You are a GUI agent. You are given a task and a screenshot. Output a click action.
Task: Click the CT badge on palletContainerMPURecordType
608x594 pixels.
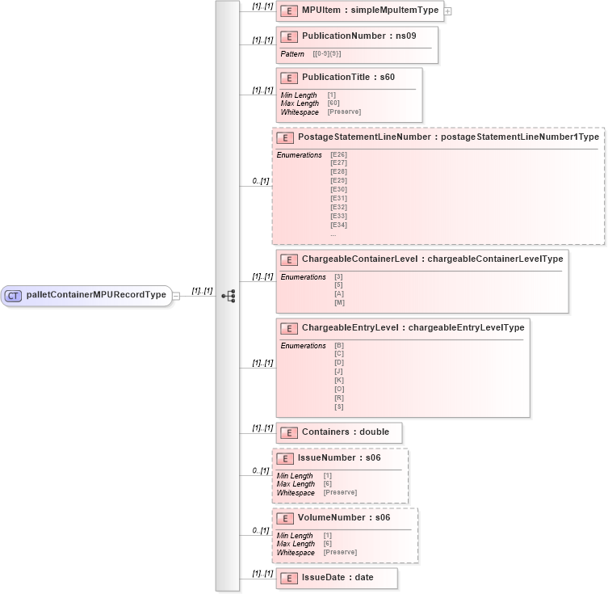[13, 296]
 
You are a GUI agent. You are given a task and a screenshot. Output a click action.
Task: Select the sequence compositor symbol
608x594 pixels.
[229, 296]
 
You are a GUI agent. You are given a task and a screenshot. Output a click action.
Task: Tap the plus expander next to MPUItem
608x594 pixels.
[448, 11]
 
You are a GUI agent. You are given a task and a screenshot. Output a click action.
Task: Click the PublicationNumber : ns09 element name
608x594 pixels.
[359, 36]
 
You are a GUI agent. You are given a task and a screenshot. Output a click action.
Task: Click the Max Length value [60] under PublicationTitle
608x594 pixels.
[333, 103]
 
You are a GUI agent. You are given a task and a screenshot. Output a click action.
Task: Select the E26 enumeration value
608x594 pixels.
[338, 154]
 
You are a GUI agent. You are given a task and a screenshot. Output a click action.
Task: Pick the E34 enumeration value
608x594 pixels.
[338, 225]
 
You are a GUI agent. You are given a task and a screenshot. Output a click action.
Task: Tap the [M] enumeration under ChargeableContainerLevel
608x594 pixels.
[339, 303]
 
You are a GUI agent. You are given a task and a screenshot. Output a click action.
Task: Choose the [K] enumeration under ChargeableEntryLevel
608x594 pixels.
[339, 380]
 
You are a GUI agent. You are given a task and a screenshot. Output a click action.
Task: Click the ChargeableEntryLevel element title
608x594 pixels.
[413, 327]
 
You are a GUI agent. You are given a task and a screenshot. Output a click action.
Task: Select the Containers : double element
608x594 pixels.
[345, 432]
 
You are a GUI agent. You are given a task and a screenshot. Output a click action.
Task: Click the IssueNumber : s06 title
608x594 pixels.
[338, 458]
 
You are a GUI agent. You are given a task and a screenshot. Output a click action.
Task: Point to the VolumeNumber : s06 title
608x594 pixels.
[344, 517]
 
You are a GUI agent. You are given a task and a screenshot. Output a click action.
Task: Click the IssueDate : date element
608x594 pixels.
[337, 578]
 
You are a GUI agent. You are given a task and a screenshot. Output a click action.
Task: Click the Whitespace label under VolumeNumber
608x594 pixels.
[296, 552]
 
